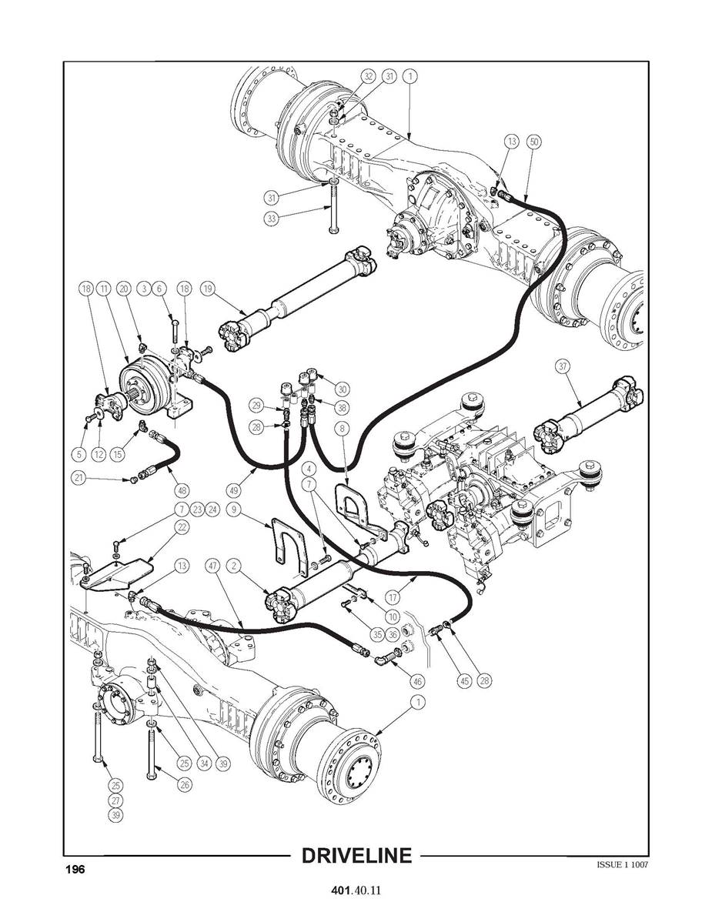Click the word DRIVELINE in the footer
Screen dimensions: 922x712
tap(356, 856)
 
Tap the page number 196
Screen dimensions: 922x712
tap(75, 869)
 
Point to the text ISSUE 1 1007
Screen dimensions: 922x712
tap(622, 864)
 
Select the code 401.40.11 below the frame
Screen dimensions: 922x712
tap(356, 891)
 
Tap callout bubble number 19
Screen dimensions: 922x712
tap(206, 289)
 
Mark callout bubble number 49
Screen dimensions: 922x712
tap(236, 489)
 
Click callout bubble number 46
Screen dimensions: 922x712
tap(418, 681)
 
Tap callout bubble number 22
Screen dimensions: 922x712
tap(182, 526)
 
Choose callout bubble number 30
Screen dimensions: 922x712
tap(341, 389)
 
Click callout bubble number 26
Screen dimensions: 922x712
tap(185, 785)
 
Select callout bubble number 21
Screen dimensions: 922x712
tap(78, 478)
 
